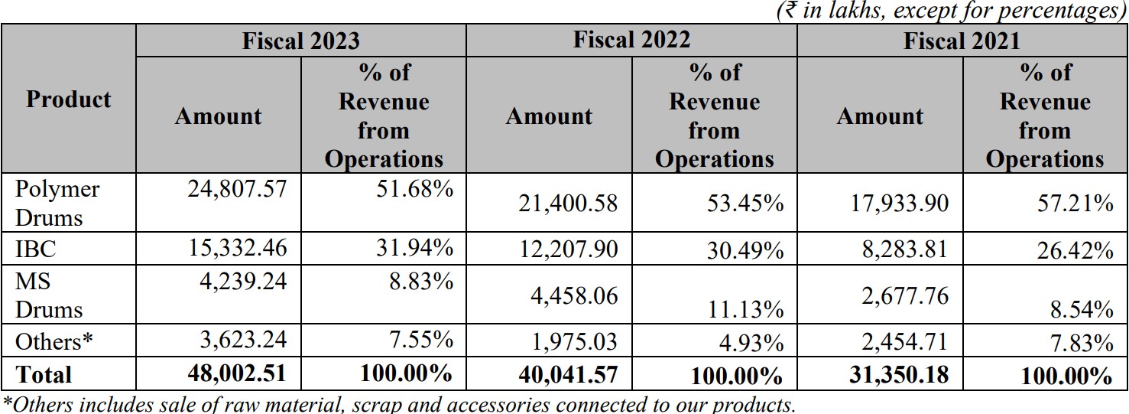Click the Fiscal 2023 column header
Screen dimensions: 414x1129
point(300,40)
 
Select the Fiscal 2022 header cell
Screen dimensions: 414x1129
point(631,39)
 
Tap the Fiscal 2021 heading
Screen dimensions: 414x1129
point(962,40)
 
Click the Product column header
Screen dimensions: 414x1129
point(68,99)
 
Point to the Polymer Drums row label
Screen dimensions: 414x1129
point(57,203)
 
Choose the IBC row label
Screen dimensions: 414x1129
point(36,249)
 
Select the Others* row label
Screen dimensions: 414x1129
point(54,341)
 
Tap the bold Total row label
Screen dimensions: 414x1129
point(44,375)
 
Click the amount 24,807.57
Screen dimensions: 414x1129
point(237,188)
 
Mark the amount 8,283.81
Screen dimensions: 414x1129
point(905,249)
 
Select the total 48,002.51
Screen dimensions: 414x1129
point(236,373)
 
